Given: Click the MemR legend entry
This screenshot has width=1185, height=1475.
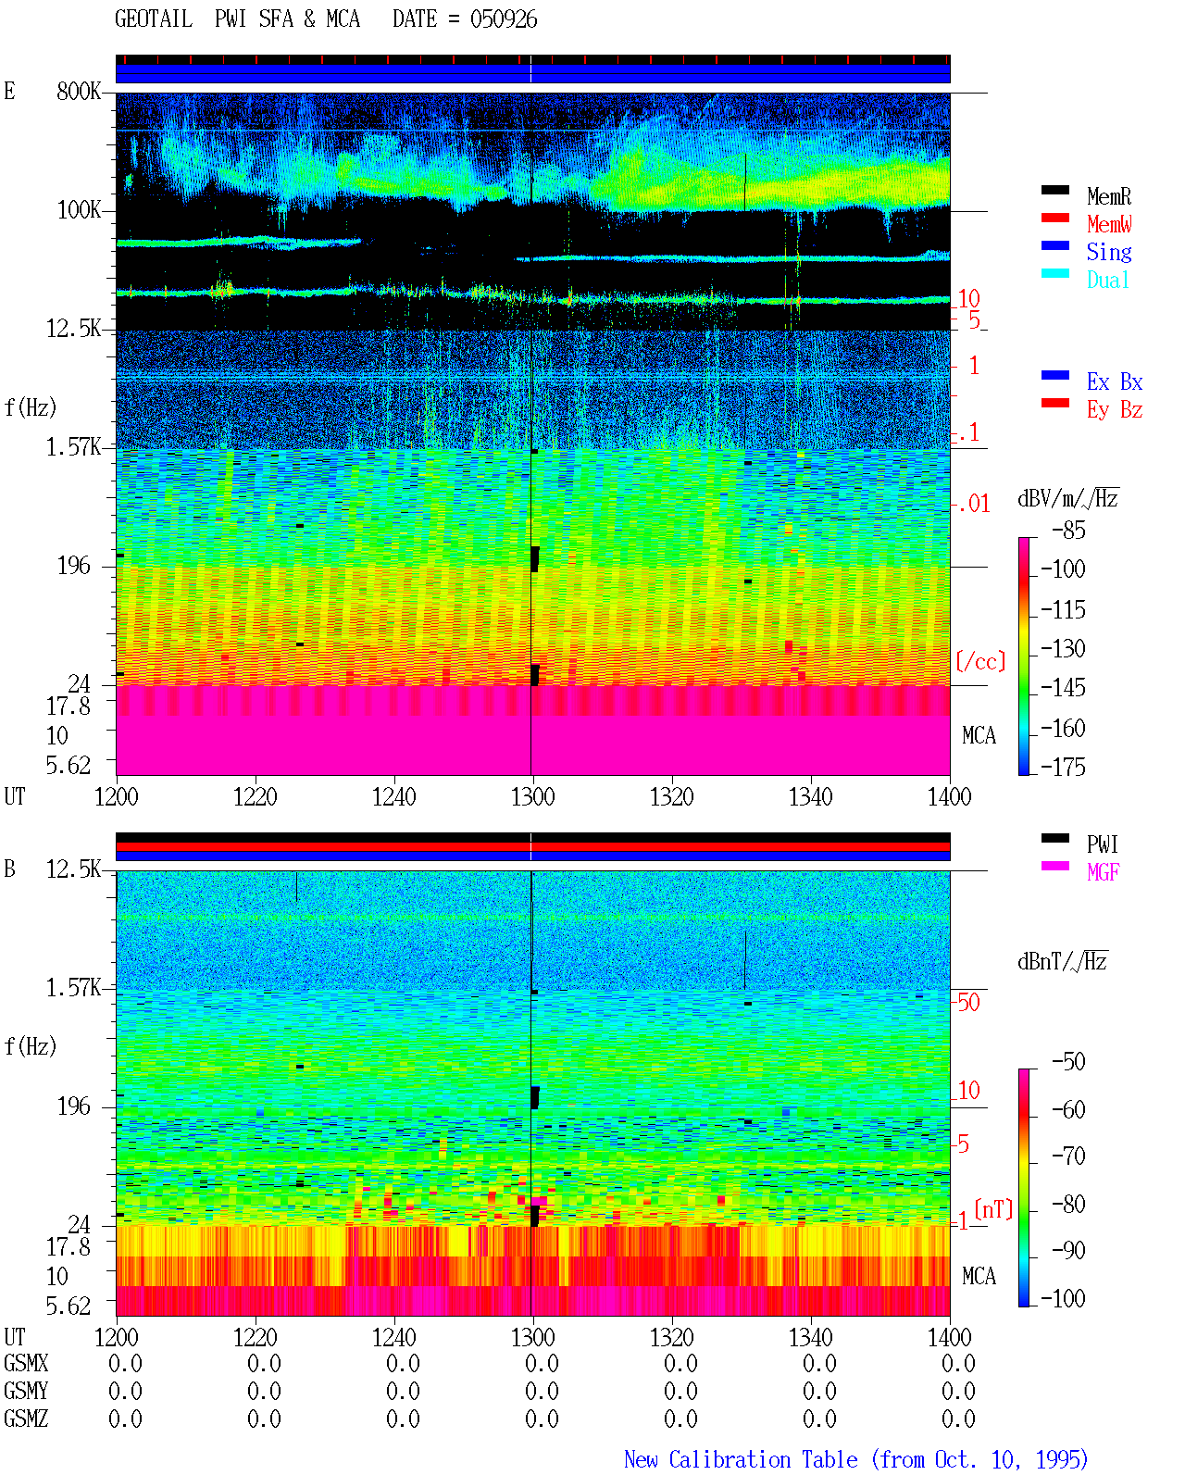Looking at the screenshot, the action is (x=1108, y=196).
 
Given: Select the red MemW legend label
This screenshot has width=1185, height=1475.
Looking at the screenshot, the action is (x=1108, y=224).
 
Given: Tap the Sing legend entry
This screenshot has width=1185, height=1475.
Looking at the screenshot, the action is (x=1108, y=252).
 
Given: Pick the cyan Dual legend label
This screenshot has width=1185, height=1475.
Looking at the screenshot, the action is (x=1107, y=280).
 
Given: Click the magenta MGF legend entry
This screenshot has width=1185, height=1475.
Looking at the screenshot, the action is (x=1103, y=872).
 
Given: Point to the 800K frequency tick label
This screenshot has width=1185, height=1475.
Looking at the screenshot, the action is (x=78, y=91).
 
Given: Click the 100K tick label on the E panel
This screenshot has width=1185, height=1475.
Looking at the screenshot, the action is (x=78, y=210).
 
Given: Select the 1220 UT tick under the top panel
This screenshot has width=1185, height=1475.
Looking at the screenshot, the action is (x=255, y=796).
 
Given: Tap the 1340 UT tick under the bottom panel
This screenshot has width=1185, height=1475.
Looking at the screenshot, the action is (x=811, y=1336).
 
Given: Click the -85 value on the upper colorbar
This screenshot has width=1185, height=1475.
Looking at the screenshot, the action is (x=1068, y=530).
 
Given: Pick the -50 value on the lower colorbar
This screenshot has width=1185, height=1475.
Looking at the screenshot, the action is (x=1068, y=1061).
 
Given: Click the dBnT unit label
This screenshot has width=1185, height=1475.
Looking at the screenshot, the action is (x=1062, y=961).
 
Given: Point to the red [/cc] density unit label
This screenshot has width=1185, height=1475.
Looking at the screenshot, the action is (x=980, y=661).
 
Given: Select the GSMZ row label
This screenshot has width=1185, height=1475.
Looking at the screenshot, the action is (x=26, y=1419).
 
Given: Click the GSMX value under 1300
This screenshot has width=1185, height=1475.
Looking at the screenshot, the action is (x=542, y=1363).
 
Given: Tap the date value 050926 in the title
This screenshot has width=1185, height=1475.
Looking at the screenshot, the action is (x=503, y=19).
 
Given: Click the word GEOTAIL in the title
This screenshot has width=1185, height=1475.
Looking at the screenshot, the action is (x=154, y=19).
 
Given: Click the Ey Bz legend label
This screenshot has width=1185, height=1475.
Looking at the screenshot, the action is (x=1114, y=409).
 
